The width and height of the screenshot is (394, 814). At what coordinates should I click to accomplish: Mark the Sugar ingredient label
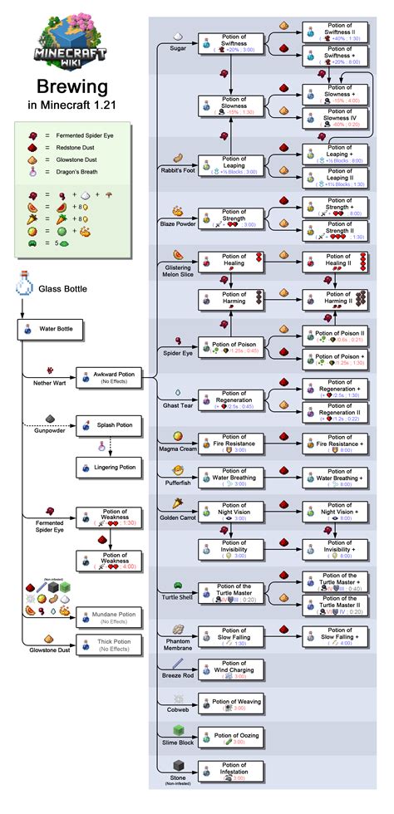coord(178,49)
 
